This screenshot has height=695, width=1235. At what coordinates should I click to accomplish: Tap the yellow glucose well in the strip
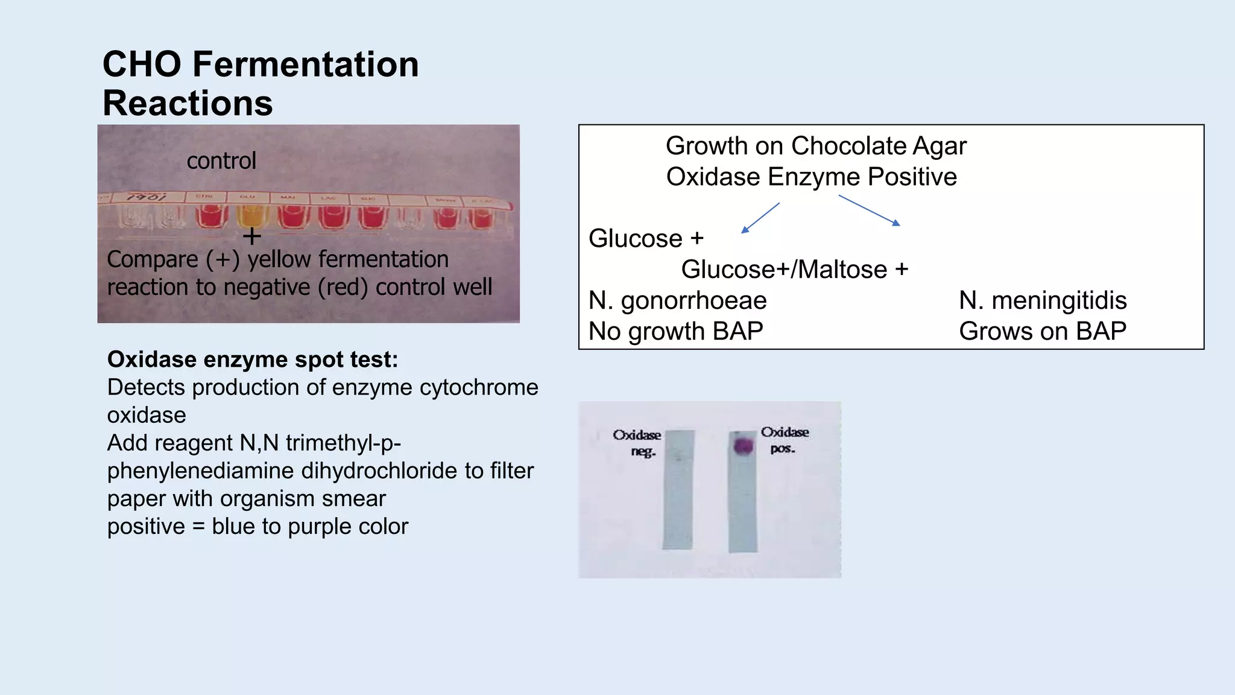click(x=251, y=216)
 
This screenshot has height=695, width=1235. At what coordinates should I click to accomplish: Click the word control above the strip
click(x=221, y=160)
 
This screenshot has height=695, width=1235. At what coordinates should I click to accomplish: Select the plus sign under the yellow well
click(x=251, y=236)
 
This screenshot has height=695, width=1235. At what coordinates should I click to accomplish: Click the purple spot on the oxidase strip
click(x=744, y=446)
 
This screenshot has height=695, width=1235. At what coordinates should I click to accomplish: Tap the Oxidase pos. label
click(x=784, y=440)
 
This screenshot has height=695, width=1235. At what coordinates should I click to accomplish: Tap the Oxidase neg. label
click(x=637, y=442)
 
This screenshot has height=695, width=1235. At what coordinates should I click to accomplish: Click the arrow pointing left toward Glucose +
click(x=760, y=218)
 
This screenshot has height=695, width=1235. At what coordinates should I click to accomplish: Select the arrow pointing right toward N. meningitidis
click(x=870, y=211)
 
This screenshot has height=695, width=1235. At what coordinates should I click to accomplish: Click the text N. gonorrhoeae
click(x=677, y=300)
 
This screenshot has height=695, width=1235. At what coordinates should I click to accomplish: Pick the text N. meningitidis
click(x=1043, y=300)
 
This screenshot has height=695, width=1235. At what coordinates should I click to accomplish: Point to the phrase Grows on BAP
click(x=1043, y=331)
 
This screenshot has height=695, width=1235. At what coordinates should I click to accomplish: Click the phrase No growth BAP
click(x=675, y=331)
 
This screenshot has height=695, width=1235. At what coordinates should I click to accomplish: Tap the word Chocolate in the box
click(x=848, y=146)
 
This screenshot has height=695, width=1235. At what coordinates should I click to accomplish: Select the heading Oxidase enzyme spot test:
click(x=253, y=359)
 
